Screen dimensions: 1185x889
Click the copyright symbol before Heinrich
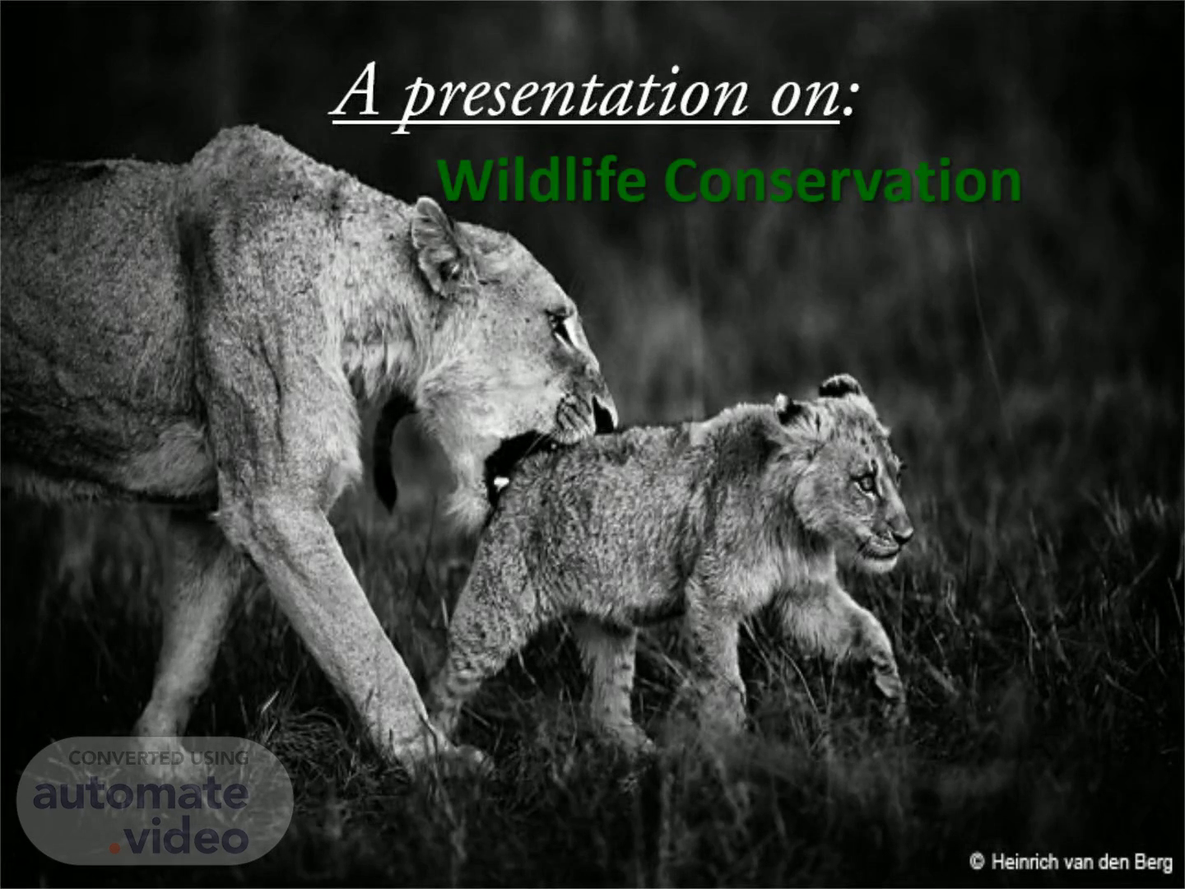(x=976, y=861)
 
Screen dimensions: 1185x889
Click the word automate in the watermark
(x=141, y=794)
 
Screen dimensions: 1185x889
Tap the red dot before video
(x=115, y=848)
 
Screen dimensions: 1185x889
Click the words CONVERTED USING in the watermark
(x=158, y=758)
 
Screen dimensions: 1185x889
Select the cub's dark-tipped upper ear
(x=840, y=386)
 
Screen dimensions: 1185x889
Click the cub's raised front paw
(x=885, y=675)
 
